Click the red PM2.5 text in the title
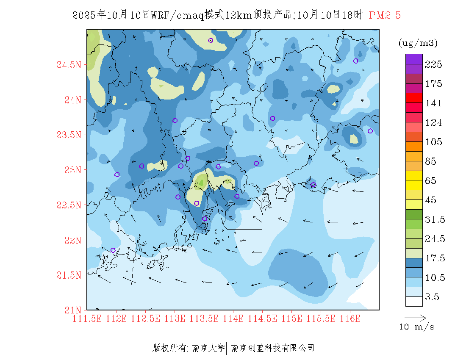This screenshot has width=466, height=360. coord(385,16)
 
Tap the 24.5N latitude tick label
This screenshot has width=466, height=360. coord(68,65)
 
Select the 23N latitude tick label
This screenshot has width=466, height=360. coord(72,170)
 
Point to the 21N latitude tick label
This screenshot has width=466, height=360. coord(72,310)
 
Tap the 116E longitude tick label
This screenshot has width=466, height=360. coord(349,318)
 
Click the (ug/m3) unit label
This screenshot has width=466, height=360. coord(418,43)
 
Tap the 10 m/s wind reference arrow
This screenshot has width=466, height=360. coord(415,317)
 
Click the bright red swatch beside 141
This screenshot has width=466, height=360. coord(414,98)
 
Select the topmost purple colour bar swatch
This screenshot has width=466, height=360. coord(414,59)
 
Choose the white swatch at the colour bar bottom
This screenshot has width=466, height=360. coord(414,301)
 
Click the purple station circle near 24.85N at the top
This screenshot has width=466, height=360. coord(211,41)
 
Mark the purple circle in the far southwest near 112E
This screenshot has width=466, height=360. coord(113,250)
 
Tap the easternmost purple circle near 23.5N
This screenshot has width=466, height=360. coord(370,131)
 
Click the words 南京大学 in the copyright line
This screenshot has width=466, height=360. coord(208,348)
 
